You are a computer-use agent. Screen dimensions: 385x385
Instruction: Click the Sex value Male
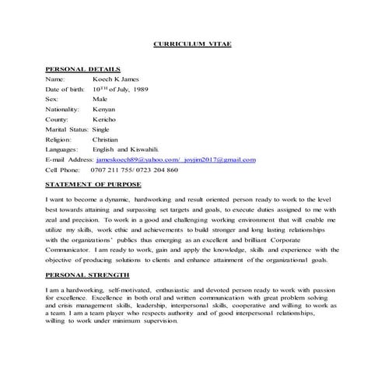[100, 100]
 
